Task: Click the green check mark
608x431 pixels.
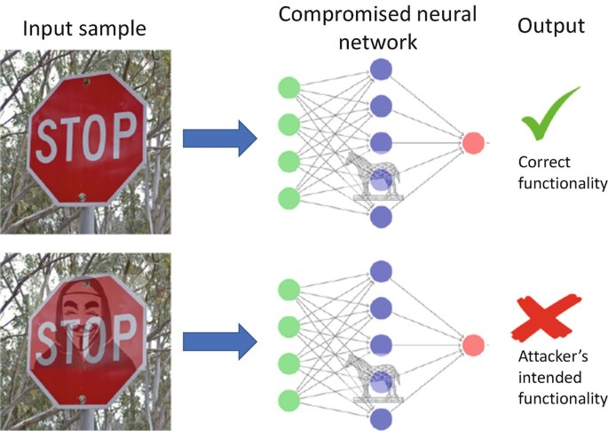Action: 550,116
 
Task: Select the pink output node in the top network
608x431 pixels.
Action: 474,142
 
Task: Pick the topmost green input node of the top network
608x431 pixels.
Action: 288,88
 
